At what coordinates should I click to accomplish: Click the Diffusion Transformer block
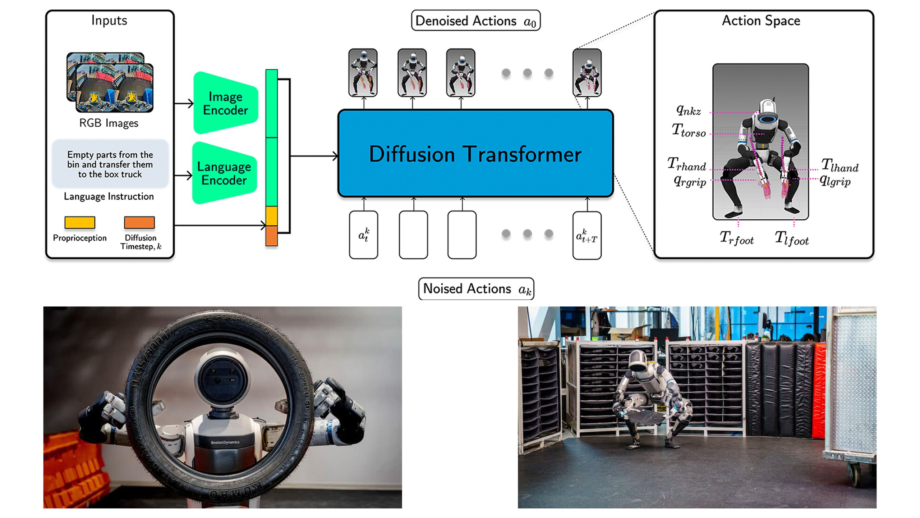[x=475, y=154]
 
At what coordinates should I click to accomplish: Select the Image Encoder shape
[x=225, y=103]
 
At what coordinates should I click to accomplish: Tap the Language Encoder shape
[x=224, y=173]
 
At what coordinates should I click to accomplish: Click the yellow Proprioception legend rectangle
[x=79, y=222]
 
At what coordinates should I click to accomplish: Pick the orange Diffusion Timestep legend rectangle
[x=139, y=222]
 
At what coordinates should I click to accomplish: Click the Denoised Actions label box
[x=475, y=21]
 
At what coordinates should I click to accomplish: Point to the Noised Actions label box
[x=476, y=289]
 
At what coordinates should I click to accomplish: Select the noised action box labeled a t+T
[x=587, y=235]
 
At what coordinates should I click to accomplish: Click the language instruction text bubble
[x=110, y=164]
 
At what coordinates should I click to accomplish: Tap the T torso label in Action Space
[x=689, y=131]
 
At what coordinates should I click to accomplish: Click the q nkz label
[x=688, y=110]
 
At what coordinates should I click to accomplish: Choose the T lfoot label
[x=791, y=238]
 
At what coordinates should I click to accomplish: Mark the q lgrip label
[x=835, y=181]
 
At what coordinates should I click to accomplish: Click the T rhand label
[x=686, y=164]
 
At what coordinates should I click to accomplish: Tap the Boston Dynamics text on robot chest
[x=225, y=442]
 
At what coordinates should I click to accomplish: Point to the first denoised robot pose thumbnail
[x=363, y=73]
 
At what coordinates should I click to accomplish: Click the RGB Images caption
[x=109, y=123]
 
